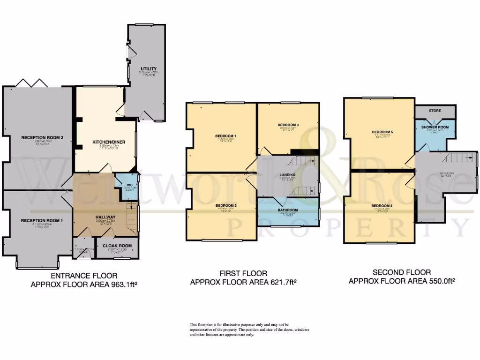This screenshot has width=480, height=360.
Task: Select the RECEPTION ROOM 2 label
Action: (42, 137)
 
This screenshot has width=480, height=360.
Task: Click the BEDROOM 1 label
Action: (225, 136)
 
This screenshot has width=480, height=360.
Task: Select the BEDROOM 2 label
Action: (225, 205)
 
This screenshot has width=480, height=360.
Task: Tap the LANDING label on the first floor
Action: (288, 175)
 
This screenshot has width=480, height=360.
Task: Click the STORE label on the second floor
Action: (435, 111)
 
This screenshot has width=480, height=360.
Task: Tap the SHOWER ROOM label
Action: (435, 127)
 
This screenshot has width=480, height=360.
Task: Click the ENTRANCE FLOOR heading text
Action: (84, 276)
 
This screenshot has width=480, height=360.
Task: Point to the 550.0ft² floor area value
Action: (440, 281)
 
